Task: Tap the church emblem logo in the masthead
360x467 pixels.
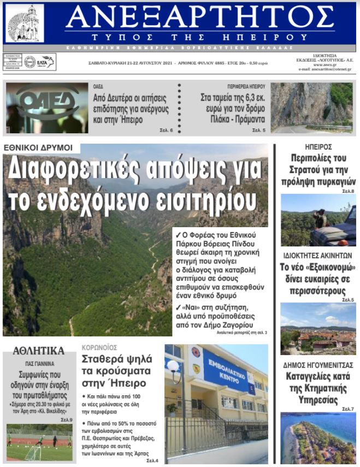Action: point(24,23)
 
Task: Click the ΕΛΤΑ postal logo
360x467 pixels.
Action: point(45,62)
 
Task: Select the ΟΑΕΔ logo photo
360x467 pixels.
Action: point(46,108)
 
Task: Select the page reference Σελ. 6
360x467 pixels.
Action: point(166,131)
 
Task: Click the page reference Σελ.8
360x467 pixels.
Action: point(348,191)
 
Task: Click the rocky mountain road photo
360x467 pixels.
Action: point(311,108)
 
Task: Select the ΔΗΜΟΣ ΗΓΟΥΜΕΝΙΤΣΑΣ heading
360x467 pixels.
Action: point(318,365)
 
